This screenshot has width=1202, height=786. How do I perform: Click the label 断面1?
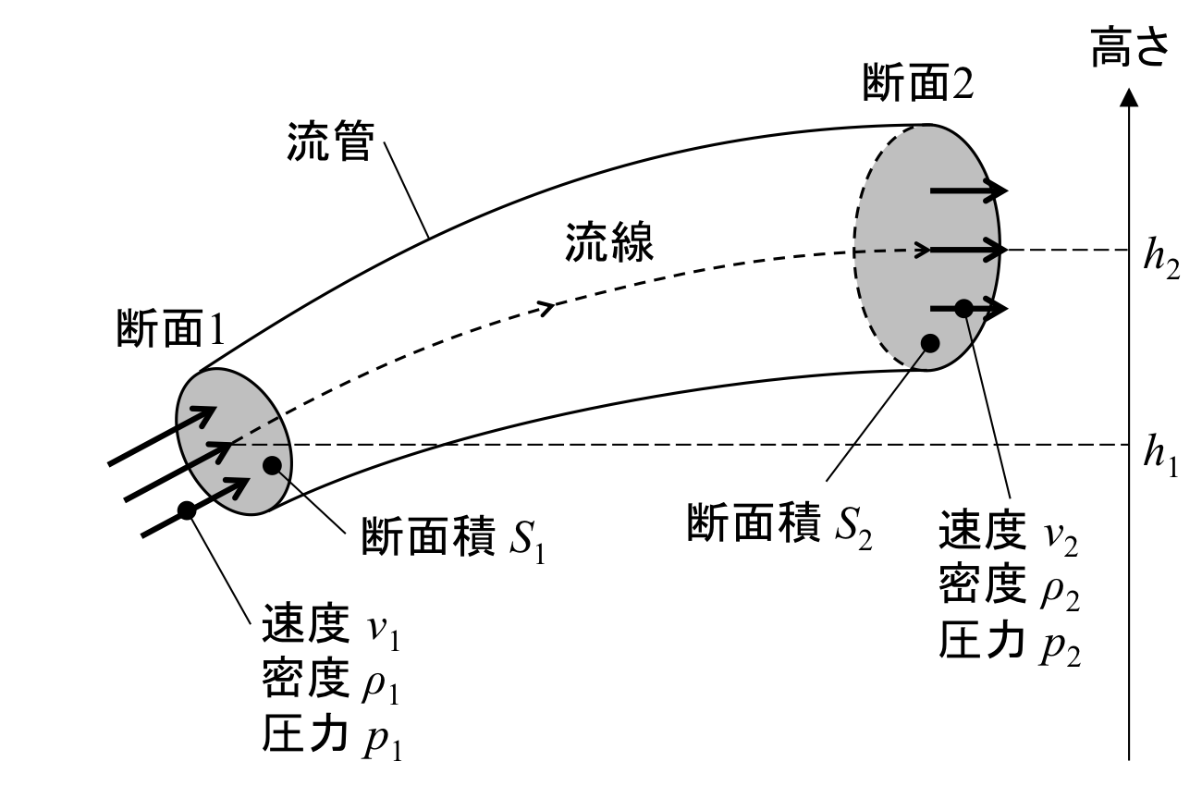[170, 328]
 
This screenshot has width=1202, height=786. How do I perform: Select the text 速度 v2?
[1009, 534]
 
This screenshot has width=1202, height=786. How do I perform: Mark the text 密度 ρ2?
[1009, 586]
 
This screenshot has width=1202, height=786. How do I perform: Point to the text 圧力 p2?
[1009, 640]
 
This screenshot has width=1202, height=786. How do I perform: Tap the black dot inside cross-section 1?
[272, 464]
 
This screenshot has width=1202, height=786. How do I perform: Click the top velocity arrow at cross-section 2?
[968, 191]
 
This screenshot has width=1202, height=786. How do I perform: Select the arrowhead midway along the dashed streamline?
[546, 307]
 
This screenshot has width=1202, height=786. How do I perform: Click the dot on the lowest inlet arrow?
[186, 509]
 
